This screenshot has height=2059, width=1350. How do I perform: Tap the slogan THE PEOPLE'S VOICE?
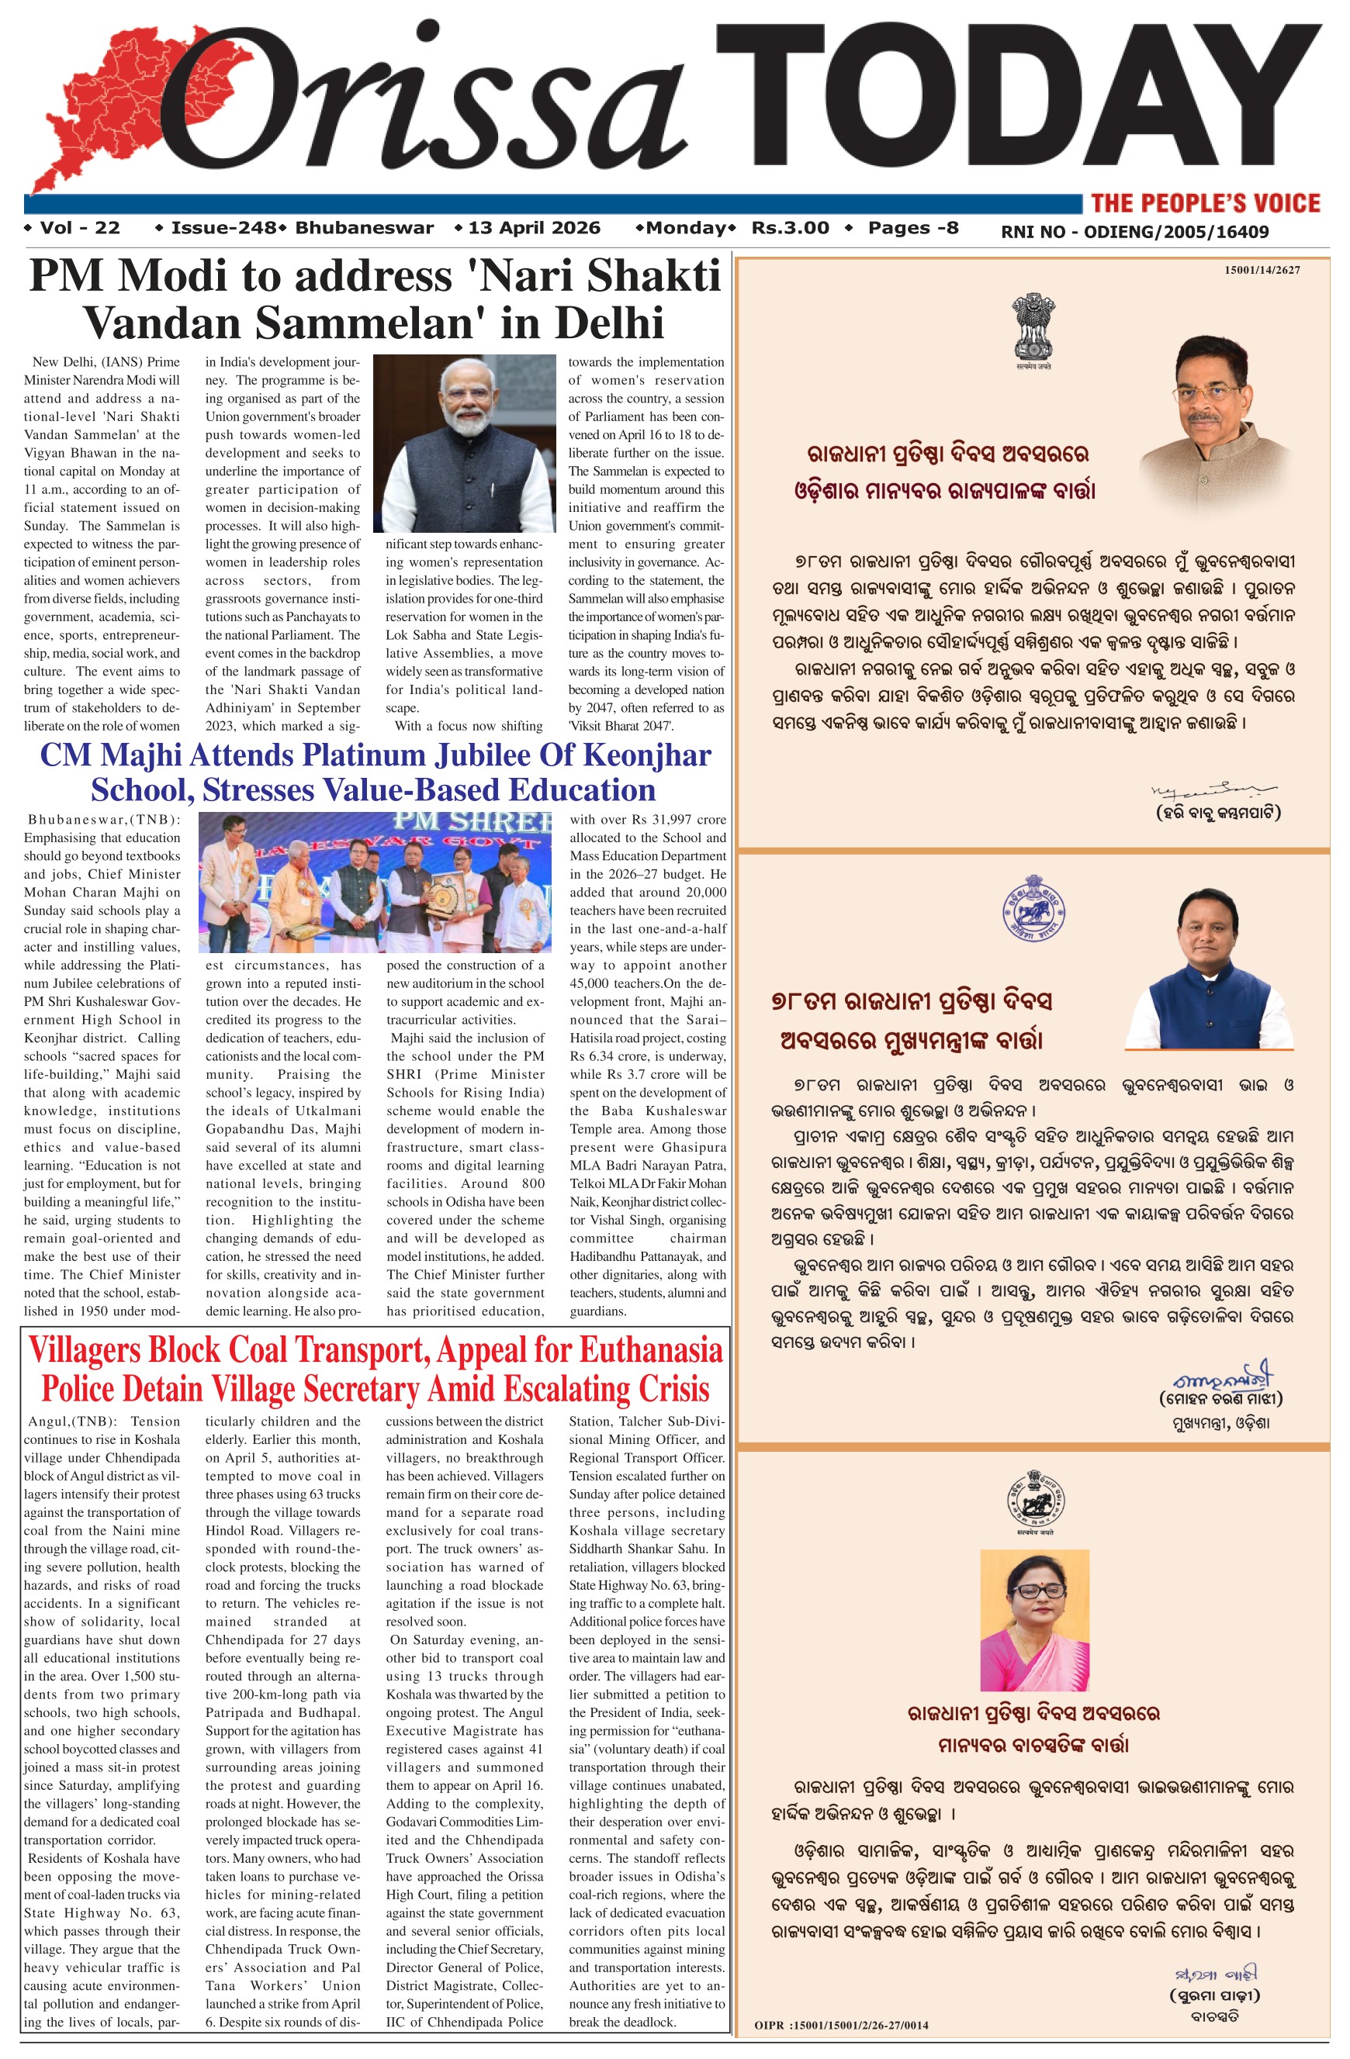pos(1206,203)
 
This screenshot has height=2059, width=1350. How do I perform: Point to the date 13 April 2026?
pos(533,229)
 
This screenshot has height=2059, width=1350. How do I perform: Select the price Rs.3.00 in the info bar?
pos(790,229)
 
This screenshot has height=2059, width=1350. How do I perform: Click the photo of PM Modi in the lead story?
pos(464,443)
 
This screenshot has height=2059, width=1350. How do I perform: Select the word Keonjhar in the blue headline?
pos(646,755)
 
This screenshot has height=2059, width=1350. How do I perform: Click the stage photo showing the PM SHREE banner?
pos(375,882)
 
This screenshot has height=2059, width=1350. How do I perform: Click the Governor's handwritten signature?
pos(1213,789)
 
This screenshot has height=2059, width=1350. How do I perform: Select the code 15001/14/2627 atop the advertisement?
pos(1261,271)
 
